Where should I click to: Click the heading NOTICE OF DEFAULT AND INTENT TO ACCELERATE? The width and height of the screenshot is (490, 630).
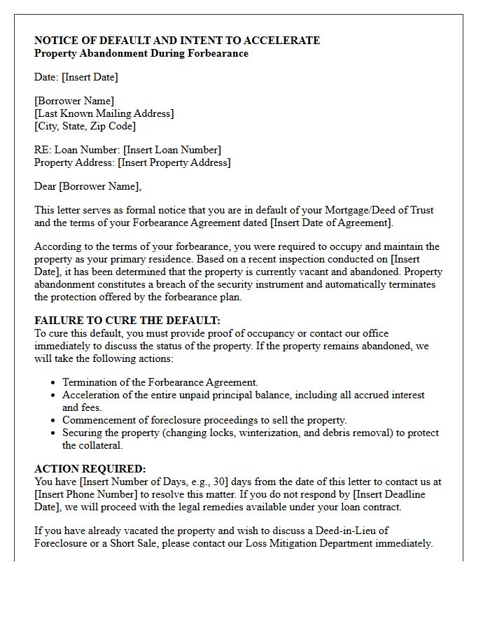tap(177, 41)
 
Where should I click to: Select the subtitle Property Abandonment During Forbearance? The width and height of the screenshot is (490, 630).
tap(141, 53)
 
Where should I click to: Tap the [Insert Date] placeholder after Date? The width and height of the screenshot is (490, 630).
tap(90, 77)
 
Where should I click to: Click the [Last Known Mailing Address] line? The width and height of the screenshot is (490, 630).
tap(104, 113)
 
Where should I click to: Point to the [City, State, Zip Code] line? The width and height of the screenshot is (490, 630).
tap(85, 126)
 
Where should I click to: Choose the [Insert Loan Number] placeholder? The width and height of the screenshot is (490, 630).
tap(172, 150)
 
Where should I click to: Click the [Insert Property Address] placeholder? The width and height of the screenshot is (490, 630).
tap(174, 162)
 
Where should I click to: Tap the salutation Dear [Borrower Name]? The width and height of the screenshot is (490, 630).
tap(87, 186)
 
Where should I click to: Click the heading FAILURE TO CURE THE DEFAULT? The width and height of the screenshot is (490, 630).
tap(127, 321)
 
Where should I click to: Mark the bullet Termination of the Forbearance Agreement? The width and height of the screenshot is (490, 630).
tap(160, 382)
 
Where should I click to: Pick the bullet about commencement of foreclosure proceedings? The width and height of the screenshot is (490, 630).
tap(204, 420)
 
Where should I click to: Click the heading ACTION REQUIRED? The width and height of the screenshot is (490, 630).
tap(90, 469)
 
